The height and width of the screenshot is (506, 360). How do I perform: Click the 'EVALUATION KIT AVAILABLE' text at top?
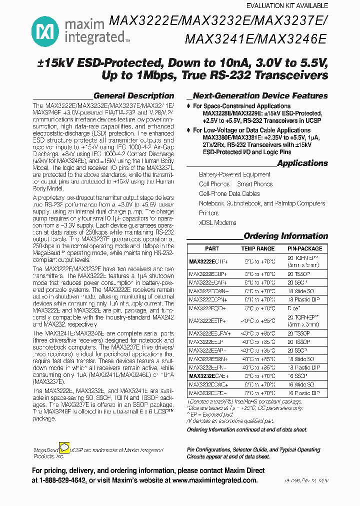(287, 6)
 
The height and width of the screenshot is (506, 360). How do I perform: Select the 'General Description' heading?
(133, 95)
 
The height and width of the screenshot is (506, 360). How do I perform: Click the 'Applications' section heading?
(302, 163)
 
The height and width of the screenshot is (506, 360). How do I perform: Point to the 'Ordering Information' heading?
(285, 236)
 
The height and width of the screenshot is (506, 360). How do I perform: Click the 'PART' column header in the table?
(212, 248)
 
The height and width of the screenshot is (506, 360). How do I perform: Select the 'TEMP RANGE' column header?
(257, 248)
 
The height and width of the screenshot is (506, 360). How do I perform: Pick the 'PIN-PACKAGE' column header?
(304, 248)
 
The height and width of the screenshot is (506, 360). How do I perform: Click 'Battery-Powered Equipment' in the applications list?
(234, 174)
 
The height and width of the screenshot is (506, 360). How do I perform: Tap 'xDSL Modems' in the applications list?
(217, 222)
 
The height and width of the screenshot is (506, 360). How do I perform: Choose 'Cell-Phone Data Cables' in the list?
(229, 193)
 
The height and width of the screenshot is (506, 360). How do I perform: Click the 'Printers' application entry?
(208, 213)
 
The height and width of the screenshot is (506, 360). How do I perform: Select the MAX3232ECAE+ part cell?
(208, 375)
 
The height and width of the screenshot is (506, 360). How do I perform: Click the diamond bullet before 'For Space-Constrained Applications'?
(188, 106)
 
